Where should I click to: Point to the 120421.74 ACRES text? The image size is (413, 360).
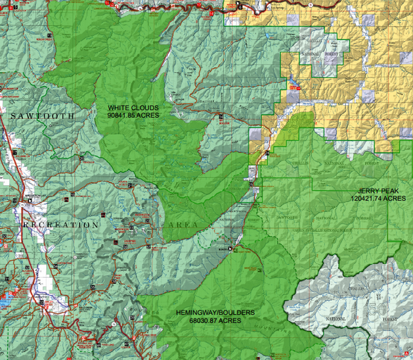[378, 197]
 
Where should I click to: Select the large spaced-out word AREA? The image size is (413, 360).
[183, 225]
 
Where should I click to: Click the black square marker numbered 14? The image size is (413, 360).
[221, 116]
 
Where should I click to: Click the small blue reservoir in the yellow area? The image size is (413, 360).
[293, 85]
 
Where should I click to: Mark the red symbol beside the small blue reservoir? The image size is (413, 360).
[289, 83]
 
